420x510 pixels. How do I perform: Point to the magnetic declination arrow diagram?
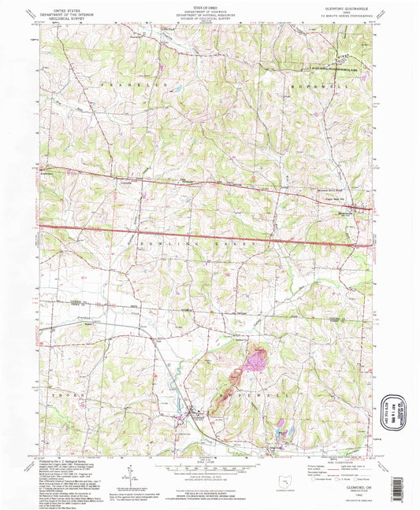tap(128, 476)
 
